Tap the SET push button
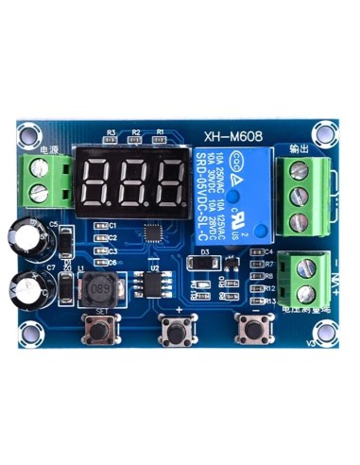click(98, 328)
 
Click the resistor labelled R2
click(136, 140)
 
